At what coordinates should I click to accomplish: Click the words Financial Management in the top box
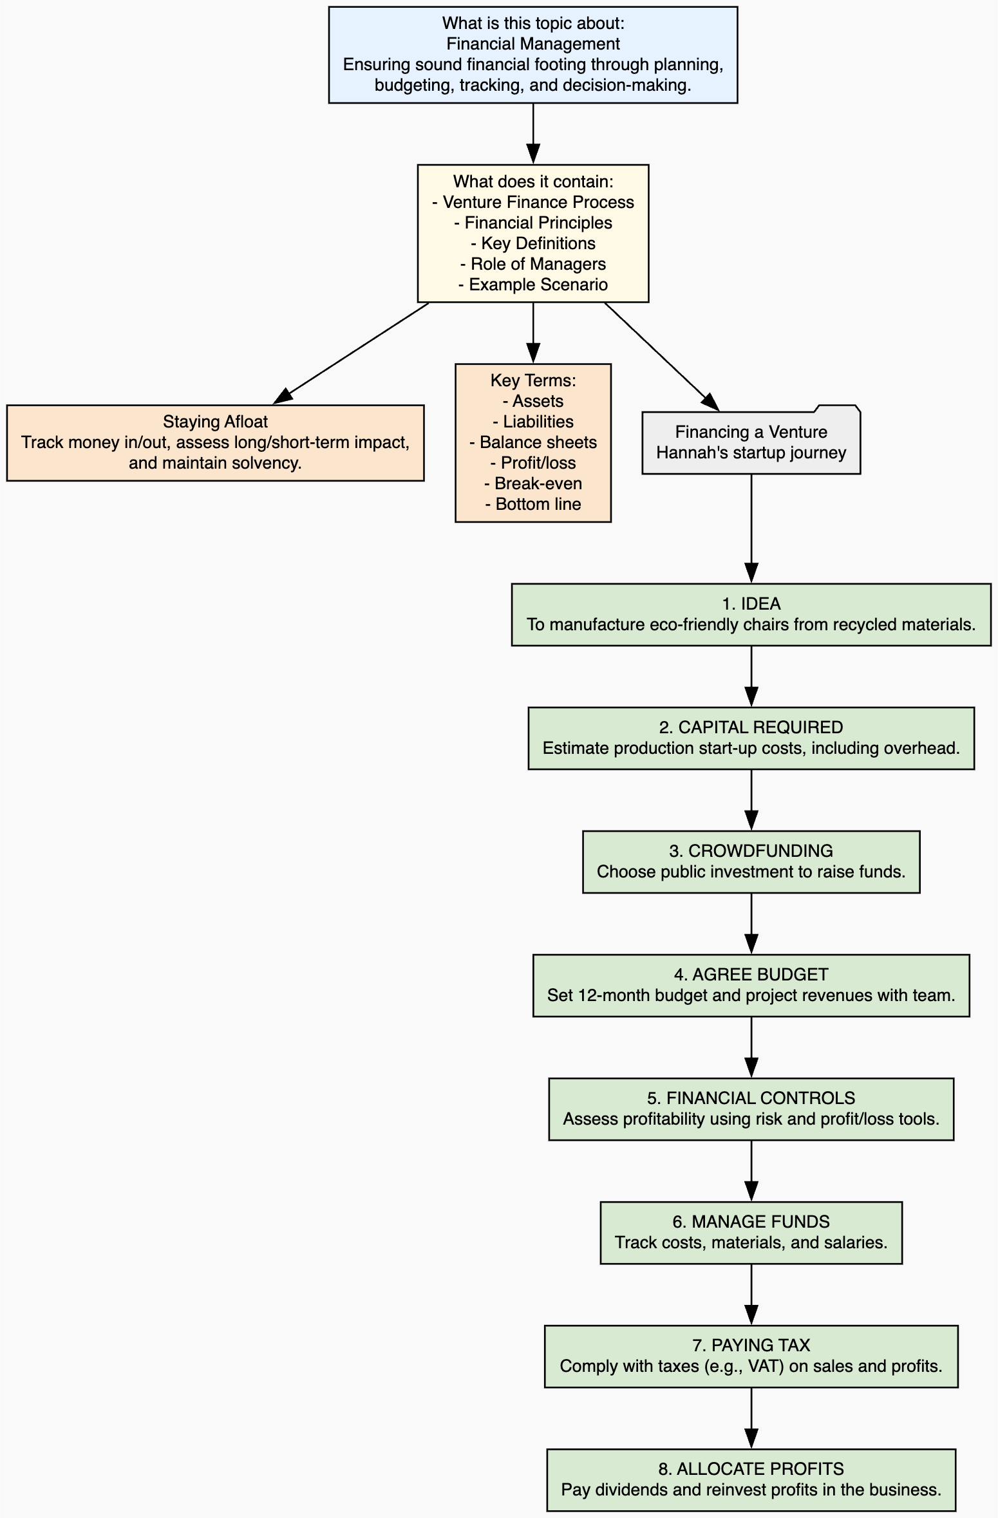click(533, 44)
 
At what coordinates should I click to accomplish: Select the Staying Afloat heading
click(215, 422)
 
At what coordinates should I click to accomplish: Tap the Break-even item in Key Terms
click(533, 483)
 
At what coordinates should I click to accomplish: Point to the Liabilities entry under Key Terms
click(533, 422)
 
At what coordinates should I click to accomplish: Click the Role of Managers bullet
click(533, 264)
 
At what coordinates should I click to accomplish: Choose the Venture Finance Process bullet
click(533, 202)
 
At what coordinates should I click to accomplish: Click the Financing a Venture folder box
click(751, 440)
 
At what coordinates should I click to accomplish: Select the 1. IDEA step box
click(751, 615)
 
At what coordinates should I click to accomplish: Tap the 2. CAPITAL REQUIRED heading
click(751, 727)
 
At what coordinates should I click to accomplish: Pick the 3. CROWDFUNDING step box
click(751, 862)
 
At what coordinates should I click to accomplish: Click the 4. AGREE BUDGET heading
click(751, 975)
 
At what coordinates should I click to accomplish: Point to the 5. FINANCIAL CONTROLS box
click(751, 1109)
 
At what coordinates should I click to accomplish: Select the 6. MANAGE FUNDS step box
click(751, 1233)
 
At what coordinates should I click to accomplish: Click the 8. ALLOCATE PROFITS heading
click(751, 1469)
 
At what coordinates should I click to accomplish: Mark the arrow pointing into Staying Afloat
click(352, 353)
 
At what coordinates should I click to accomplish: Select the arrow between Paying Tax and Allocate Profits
click(751, 1418)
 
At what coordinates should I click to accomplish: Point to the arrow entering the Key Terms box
click(533, 333)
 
